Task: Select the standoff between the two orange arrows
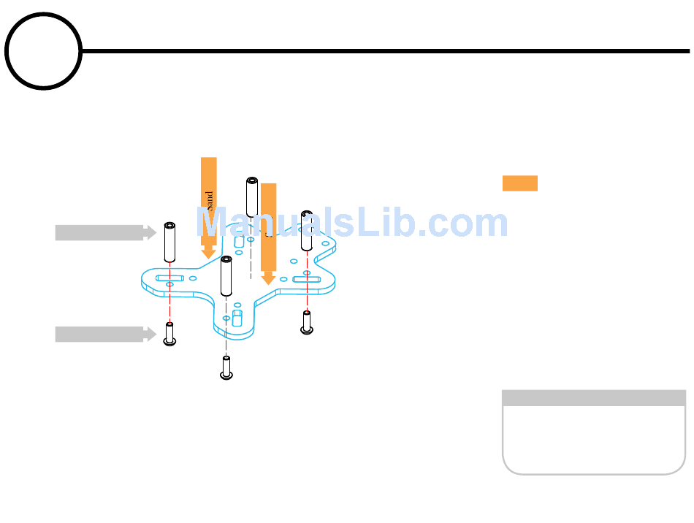(x=252, y=196)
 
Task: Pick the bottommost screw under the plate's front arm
(x=226, y=367)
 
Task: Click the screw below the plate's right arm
(x=307, y=322)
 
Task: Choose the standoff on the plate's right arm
(x=307, y=230)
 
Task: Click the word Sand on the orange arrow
(x=210, y=201)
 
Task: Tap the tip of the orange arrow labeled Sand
(x=209, y=256)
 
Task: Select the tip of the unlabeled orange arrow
(x=268, y=281)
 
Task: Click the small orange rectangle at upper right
(x=520, y=183)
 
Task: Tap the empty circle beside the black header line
(x=43, y=51)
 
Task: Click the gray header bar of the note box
(x=593, y=398)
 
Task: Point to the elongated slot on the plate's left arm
(x=169, y=278)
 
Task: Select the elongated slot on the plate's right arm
(x=307, y=279)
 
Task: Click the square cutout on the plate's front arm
(x=237, y=318)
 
